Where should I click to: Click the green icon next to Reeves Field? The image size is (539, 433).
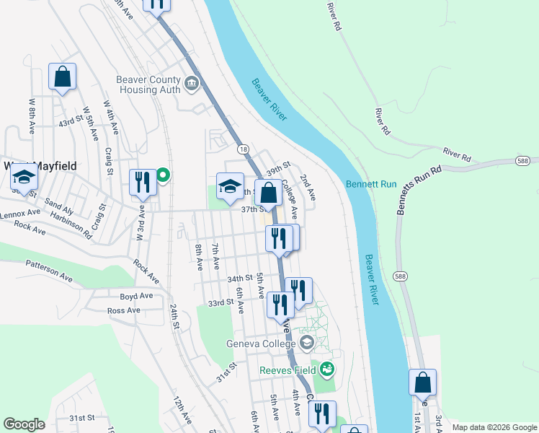tap(327, 369)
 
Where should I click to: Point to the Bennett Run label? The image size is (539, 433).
tap(371, 184)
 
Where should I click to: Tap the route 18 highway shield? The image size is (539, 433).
tap(244, 148)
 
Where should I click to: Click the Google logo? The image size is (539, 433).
tap(24, 424)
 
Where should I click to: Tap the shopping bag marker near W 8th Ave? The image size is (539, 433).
tap(63, 76)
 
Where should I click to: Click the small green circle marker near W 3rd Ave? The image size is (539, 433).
tap(164, 175)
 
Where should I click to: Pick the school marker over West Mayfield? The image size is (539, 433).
tap(24, 178)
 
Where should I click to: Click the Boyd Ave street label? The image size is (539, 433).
tap(136, 296)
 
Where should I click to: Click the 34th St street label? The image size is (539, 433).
tap(239, 278)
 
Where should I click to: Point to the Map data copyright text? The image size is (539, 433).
tap(493, 427)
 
